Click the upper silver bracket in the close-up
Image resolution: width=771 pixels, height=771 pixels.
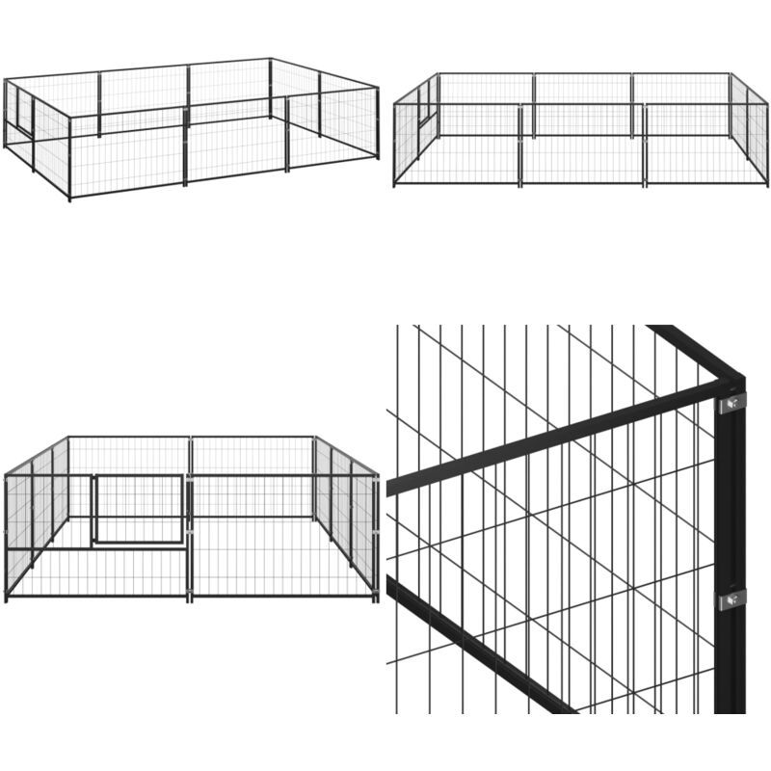(x=731, y=401)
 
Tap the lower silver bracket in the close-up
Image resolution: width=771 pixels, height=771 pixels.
(x=731, y=599)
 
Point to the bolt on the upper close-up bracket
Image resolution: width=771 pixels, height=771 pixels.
(x=734, y=402)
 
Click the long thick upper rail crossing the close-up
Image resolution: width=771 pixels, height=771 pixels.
(x=559, y=439)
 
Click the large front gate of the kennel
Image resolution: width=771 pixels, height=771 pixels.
(x=140, y=509)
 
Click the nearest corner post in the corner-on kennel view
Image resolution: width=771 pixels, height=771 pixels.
(x=69, y=159)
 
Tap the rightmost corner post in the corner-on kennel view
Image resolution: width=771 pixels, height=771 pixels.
(x=378, y=123)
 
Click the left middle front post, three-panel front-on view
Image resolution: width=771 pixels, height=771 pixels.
(x=521, y=145)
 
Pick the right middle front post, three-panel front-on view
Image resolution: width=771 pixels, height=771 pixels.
(x=644, y=145)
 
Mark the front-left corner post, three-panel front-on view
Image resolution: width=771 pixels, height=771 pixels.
(x=394, y=145)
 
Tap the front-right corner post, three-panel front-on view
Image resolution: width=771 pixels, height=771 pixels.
(x=767, y=145)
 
